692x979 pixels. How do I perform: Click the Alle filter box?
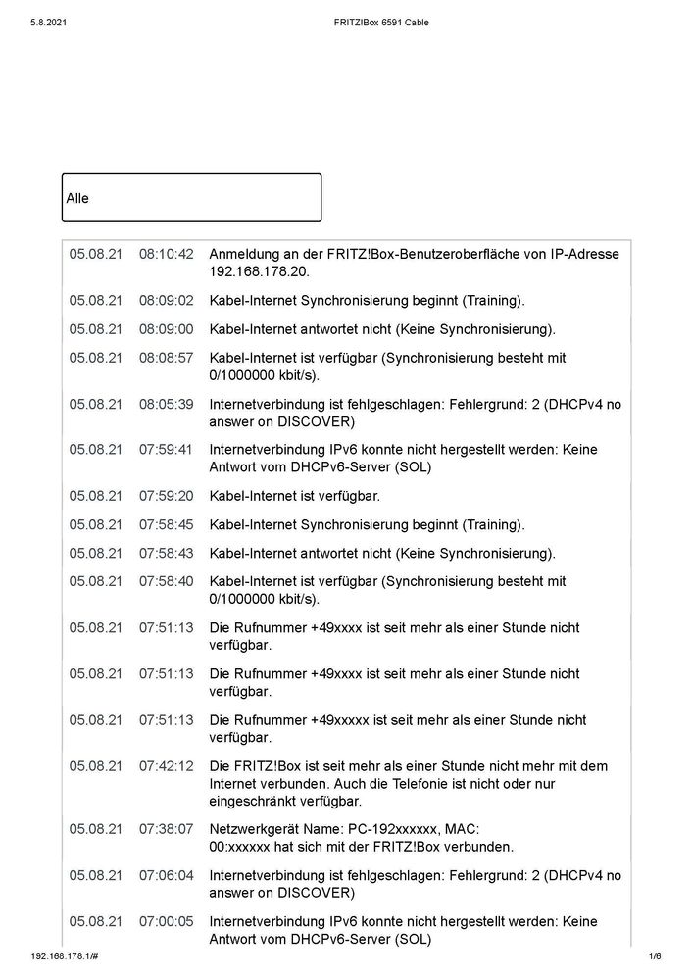coord(191,198)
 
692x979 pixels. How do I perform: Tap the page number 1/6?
coord(655,956)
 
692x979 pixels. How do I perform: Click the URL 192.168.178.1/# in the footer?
coord(70,956)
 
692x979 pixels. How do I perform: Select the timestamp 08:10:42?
coord(166,254)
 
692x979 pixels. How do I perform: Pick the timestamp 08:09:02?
coord(166,301)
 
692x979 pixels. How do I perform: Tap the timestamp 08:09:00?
coord(166,329)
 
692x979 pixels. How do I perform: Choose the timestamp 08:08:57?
coord(166,358)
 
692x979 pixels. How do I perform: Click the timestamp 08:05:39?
coord(166,404)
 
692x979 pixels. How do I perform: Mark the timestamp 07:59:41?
coord(166,450)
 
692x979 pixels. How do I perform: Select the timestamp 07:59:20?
coord(166,496)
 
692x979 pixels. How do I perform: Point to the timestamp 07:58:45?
coord(166,524)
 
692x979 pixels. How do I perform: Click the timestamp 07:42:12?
coord(166,765)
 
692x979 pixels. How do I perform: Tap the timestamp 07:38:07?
coord(166,828)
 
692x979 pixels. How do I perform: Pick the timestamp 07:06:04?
coord(166,875)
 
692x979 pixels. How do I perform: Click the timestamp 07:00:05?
coord(166,921)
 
